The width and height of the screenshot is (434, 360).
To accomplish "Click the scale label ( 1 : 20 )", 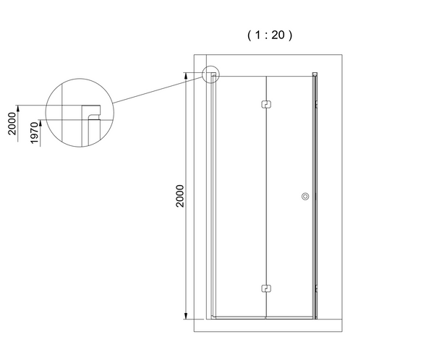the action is tap(270, 35).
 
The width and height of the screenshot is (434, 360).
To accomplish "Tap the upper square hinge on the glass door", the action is tap(266, 104).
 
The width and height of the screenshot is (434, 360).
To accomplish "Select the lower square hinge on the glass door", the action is tap(266, 288).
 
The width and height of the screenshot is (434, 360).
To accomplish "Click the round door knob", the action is tap(305, 196).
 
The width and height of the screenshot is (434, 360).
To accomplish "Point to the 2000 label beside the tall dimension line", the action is tap(180, 196).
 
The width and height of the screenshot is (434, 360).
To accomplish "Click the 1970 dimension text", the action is tap(34, 132).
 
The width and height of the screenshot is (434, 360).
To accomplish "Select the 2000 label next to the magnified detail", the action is tap(12, 124).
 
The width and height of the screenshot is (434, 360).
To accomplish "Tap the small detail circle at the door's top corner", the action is tap(211, 74).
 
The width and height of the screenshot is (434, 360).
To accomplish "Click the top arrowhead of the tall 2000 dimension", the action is tap(186, 76).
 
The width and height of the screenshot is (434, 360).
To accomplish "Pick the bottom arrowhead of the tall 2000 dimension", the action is tap(186, 316).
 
